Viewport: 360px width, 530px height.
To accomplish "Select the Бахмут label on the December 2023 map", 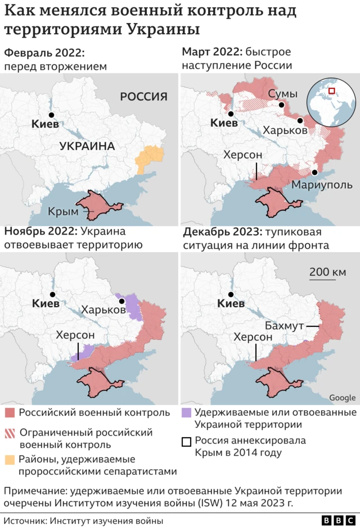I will pyautogui.click(x=284, y=326).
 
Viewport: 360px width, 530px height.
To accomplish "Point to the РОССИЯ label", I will pyautogui.click(x=143, y=97).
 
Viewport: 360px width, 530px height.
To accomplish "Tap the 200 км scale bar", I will pyautogui.click(x=327, y=274).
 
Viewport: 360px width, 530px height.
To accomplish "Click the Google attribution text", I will pyautogui.click(x=342, y=398).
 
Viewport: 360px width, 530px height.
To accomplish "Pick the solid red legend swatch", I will pyautogui.click(x=10, y=413).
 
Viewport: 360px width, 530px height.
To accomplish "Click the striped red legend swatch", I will pyautogui.click(x=10, y=433).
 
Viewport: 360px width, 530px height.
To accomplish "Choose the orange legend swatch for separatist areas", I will pyautogui.click(x=10, y=460).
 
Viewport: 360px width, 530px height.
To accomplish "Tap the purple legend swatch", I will pyautogui.click(x=185, y=413).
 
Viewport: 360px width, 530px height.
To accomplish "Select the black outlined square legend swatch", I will pyautogui.click(x=185, y=441).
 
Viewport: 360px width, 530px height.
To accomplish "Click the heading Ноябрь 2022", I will pyautogui.click(x=40, y=231).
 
